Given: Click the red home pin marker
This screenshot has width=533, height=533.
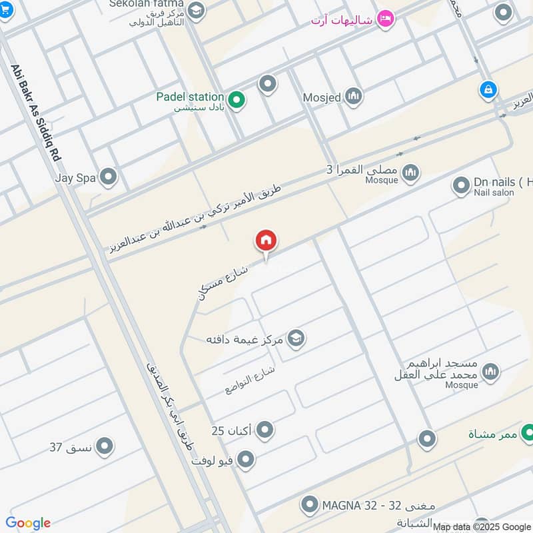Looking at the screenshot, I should (x=266, y=241).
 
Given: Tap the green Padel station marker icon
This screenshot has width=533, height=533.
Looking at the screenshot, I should (x=236, y=101).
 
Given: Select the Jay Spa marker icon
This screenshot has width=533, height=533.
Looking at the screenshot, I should (x=108, y=177).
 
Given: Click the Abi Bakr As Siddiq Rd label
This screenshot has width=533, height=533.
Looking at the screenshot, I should (x=36, y=111).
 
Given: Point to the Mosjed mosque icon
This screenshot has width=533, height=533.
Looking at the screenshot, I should (x=352, y=97).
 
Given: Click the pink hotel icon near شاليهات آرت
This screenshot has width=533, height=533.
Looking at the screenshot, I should (x=384, y=19).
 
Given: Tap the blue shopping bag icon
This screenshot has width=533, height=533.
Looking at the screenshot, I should (x=488, y=90).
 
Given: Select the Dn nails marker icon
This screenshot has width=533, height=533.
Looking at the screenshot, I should (x=461, y=186).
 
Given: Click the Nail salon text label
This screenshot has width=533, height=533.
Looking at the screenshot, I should (x=494, y=193).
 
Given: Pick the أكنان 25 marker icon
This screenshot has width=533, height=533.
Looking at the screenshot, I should (x=265, y=430).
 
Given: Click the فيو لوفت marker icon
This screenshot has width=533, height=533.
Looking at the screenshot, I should (x=247, y=459).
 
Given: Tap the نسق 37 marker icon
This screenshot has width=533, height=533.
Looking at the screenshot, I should (x=104, y=446).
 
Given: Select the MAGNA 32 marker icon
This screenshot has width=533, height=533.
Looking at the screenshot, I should (x=309, y=505).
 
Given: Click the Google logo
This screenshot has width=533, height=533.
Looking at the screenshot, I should (x=28, y=523).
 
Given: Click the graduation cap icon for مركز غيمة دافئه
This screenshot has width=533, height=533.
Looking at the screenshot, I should (x=296, y=338).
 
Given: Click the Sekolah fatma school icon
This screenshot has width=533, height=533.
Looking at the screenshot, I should (x=196, y=10).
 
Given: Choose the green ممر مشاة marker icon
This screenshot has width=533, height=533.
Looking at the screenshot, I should (x=527, y=432).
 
